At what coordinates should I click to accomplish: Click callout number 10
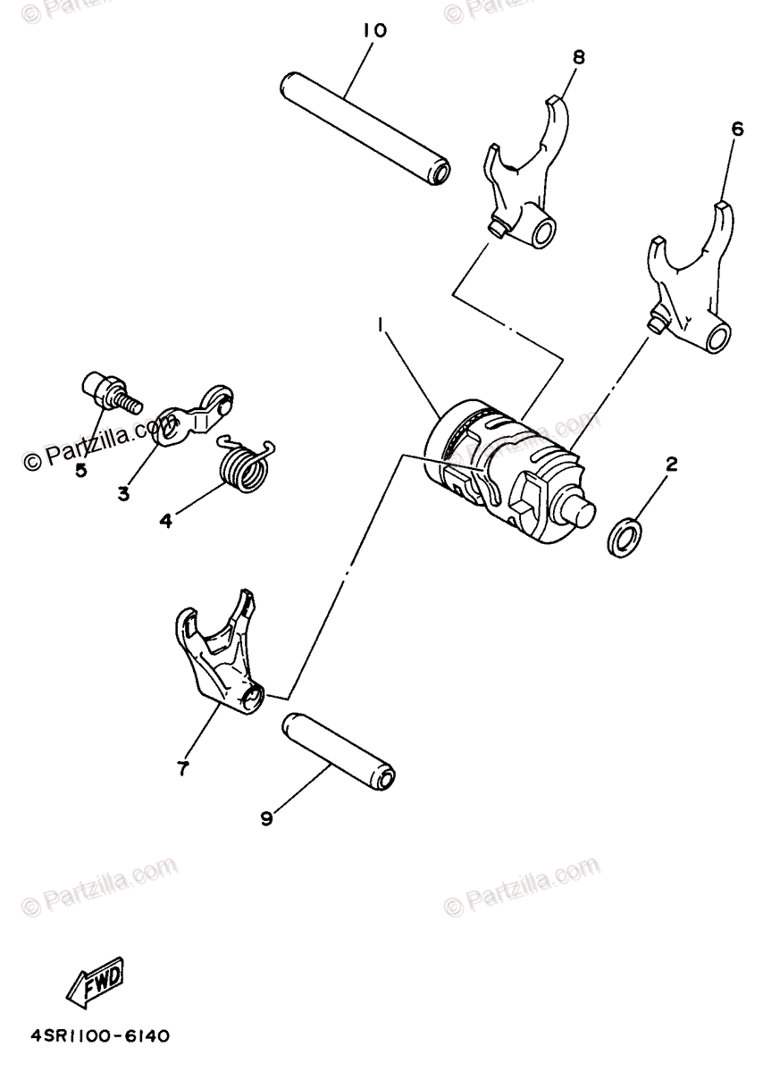(375, 31)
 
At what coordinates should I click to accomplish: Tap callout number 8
(578, 57)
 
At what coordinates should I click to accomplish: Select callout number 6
(736, 129)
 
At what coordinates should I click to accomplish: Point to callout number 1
(382, 328)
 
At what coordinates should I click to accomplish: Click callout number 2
(671, 464)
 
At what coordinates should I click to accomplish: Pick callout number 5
(80, 471)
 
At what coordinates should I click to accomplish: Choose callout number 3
(123, 492)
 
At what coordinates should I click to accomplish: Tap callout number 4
(165, 519)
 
